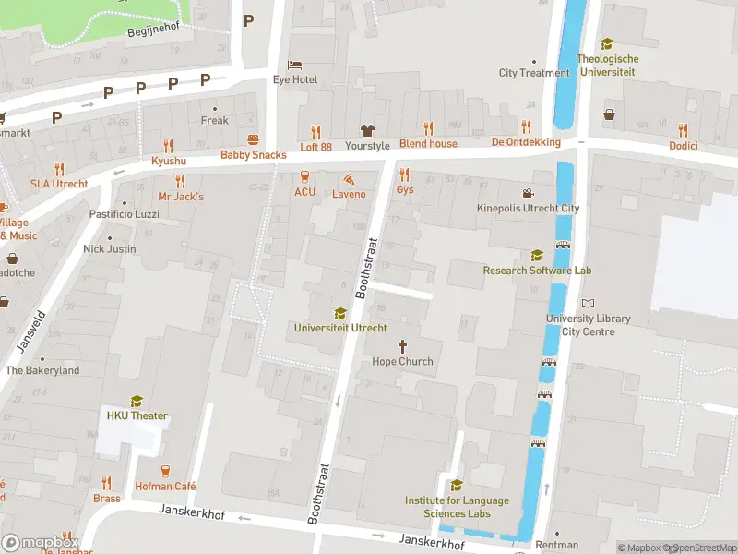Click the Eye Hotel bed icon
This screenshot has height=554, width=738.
[294, 65]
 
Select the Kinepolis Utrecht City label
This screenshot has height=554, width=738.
[528, 209]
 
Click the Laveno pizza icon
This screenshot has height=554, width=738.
[349, 179]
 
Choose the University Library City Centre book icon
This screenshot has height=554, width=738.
[588, 304]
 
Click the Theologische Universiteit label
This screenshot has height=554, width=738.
[607, 65]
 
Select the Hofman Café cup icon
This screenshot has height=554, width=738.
[167, 470]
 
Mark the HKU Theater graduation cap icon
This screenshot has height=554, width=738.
[137, 401]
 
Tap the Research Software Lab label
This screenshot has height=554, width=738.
[537, 271]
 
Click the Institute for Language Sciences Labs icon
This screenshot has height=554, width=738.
[457, 486]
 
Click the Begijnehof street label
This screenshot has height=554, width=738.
[152, 28]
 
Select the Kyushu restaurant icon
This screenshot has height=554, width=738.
[168, 145]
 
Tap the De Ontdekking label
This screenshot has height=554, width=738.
[526, 142]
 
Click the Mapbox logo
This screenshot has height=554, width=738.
[41, 542]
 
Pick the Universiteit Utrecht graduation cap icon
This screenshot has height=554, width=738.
[340, 313]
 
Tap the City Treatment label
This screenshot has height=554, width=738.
[534, 73]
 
